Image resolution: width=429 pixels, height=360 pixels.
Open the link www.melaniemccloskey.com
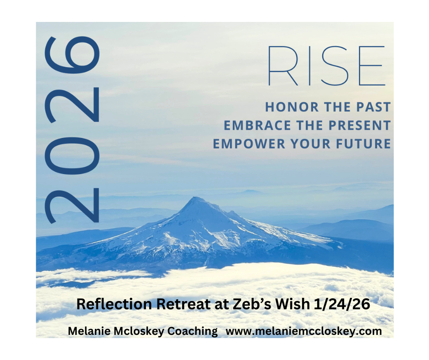coord(303,331)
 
